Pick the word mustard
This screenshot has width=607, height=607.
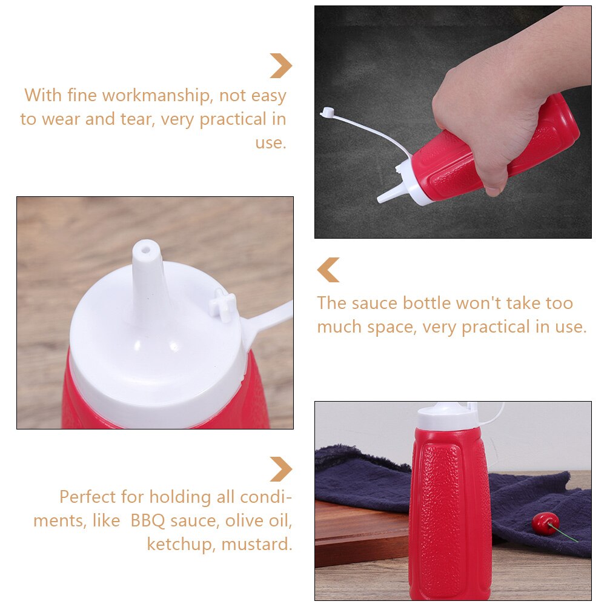(x=257, y=545)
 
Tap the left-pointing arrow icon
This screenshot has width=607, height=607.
(x=328, y=270)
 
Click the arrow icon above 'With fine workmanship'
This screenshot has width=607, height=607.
(x=280, y=65)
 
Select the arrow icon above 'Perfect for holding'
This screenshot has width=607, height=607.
(x=280, y=469)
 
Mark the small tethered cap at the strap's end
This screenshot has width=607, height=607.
(x=327, y=112)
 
